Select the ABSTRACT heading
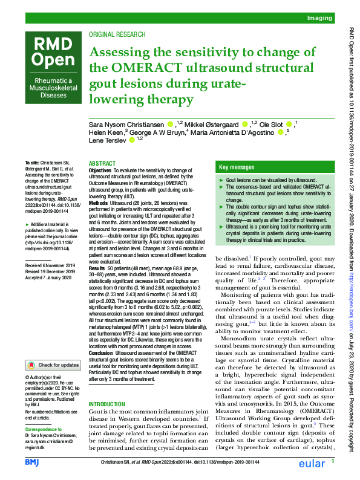(101, 164)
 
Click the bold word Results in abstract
(97, 267)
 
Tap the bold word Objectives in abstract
(100, 171)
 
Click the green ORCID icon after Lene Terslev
(131, 140)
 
